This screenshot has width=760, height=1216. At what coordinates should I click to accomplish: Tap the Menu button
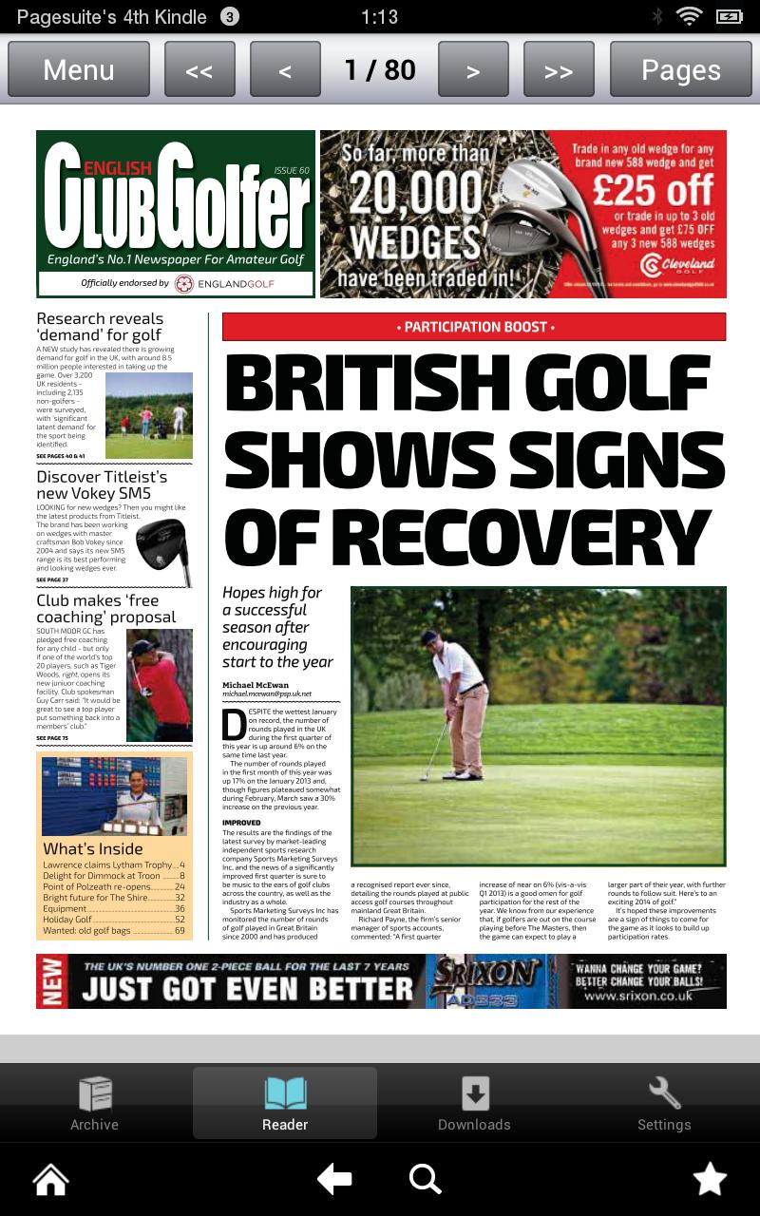coord(79,69)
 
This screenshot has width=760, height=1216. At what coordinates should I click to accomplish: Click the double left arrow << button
coord(199,69)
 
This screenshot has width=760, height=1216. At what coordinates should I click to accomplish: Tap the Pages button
coord(680,69)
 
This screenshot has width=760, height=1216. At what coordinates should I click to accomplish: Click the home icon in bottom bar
coord(51,1180)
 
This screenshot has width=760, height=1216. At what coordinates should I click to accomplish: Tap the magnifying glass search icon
coord(425,1180)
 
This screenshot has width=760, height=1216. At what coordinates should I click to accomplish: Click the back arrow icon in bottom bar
coord(334,1180)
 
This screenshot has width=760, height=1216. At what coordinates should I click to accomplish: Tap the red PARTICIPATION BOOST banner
coord(474,327)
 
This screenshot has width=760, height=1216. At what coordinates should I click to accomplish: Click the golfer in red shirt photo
coord(160,685)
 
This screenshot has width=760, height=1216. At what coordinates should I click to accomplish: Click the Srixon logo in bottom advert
coord(484,974)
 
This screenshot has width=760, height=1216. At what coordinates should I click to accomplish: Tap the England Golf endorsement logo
coord(224,283)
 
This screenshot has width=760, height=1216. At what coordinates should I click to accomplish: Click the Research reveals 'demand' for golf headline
coord(100,327)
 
